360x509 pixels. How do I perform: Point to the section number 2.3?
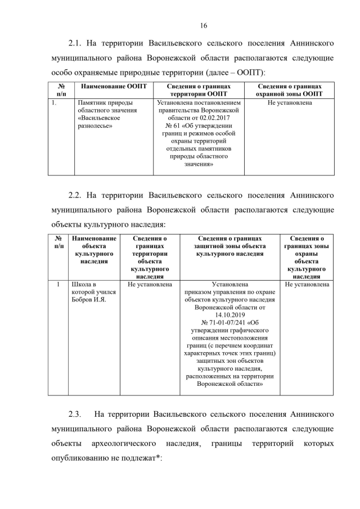75,414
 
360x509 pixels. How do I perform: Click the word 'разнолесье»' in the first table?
95,126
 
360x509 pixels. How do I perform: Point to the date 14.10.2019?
230,316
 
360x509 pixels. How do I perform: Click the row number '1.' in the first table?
53,103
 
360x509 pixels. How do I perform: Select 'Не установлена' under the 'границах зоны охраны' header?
307,284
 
